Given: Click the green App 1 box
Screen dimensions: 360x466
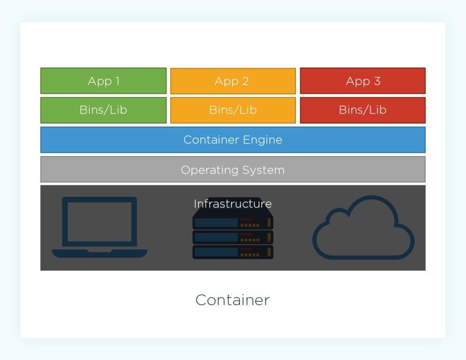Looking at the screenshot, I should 103,81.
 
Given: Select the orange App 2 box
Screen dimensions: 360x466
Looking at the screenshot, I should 232,81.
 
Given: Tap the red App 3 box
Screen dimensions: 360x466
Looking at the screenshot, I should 362,81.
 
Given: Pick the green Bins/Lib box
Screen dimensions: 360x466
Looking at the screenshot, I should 103,110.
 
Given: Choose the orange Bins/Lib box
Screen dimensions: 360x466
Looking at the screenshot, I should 232,110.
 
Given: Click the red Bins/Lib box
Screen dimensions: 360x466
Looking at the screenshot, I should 362,110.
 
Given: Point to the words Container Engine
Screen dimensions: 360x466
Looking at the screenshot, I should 232,140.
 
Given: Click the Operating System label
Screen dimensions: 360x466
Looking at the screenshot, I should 232,170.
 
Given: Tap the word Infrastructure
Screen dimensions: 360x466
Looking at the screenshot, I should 232,204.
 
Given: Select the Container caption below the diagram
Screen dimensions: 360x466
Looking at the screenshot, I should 232,300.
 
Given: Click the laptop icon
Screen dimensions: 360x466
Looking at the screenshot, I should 100,228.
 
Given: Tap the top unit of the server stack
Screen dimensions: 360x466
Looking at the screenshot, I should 232,222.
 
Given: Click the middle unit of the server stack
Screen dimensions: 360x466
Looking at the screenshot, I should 232,237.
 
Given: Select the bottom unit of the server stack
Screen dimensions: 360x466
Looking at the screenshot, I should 232,252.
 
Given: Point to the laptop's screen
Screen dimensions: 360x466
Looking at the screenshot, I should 100,221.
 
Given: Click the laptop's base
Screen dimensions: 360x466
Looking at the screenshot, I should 100,253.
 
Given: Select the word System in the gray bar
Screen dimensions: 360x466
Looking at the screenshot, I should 264,170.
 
